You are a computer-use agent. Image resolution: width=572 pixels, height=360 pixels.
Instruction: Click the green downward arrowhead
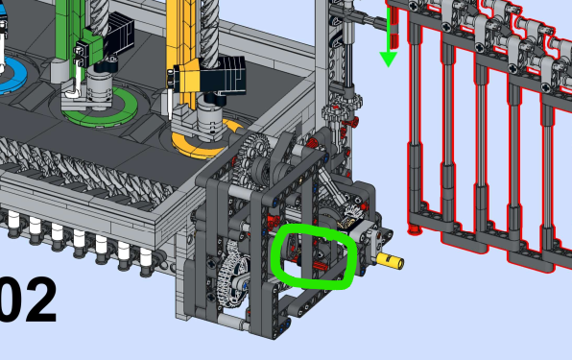point(388,60)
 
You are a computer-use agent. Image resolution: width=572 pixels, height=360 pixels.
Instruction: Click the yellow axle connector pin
point(390,260)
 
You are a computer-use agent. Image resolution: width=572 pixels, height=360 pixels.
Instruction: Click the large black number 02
point(28,300)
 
